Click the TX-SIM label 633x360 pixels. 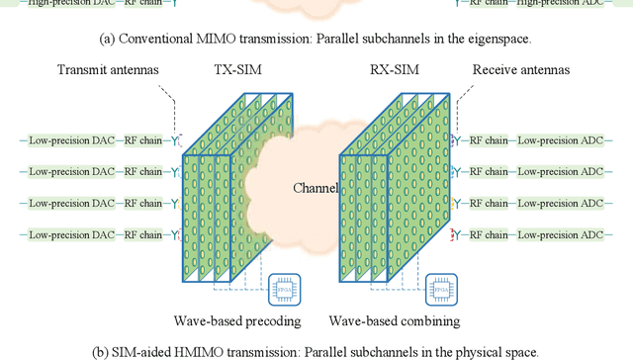(236, 70)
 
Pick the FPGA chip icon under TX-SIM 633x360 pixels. (284, 294)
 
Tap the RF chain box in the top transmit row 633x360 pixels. (144, 140)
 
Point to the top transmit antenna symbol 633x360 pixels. (175, 140)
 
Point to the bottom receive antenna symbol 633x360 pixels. (456, 235)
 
